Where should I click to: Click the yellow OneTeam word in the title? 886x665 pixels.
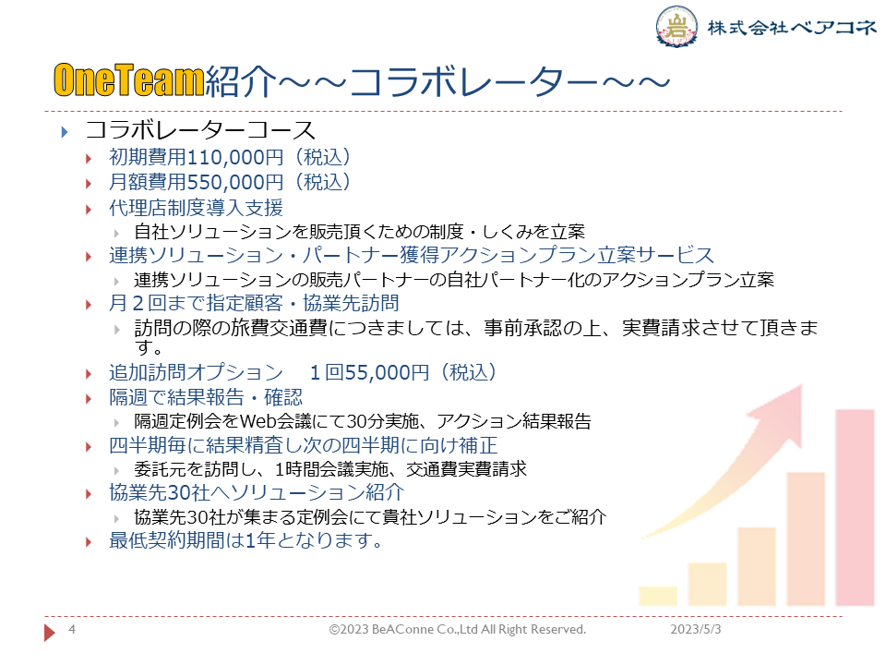[129, 79]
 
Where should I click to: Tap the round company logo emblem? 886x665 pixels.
[676, 26]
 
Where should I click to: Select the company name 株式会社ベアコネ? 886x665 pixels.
[792, 27]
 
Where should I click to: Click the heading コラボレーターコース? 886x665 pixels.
[200, 130]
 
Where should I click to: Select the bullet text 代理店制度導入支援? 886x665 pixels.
[196, 208]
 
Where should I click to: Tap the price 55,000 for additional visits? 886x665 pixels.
[377, 372]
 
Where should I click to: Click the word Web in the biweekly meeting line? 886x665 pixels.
[257, 421]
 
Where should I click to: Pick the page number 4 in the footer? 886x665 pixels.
[72, 629]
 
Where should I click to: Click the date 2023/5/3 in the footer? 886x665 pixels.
[696, 629]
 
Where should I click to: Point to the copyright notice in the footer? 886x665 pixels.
[458, 629]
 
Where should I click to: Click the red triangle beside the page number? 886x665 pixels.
[50, 632]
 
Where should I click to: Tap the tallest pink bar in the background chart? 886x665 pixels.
[855, 507]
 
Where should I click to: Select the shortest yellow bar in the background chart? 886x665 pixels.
[658, 596]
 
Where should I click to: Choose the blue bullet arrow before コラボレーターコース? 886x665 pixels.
[65, 132]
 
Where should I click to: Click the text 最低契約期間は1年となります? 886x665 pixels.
[245, 540]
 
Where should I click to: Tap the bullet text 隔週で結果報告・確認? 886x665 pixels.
[206, 397]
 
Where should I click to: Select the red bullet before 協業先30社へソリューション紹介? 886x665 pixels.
[89, 494]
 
